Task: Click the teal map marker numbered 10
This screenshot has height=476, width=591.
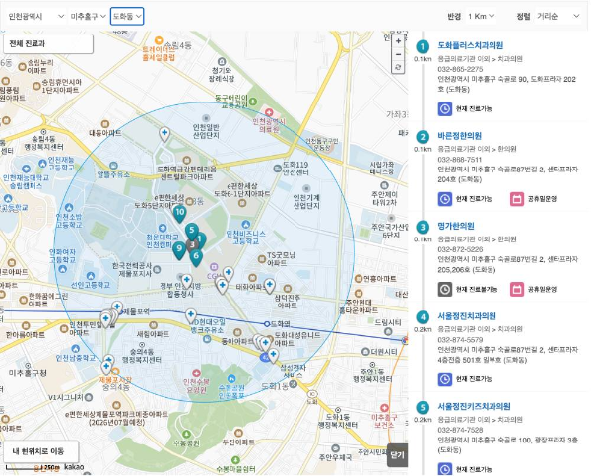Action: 178,212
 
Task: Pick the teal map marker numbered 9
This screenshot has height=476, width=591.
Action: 179,248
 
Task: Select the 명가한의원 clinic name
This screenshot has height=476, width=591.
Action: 456,226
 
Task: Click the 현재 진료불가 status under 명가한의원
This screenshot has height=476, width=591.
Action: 469,289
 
